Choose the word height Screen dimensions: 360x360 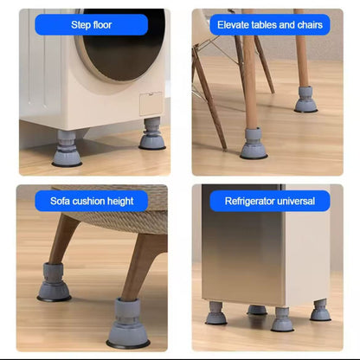coord(119,202)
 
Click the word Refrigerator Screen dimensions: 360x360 coord(253,202)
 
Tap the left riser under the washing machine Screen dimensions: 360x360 coord(67,150)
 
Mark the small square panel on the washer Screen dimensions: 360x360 coord(151,103)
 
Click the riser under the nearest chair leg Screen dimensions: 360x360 coord(254,145)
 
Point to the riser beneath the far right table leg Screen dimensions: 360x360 coord(305,100)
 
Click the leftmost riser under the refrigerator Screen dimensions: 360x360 coord(216,313)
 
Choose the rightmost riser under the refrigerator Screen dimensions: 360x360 coord(321,310)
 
